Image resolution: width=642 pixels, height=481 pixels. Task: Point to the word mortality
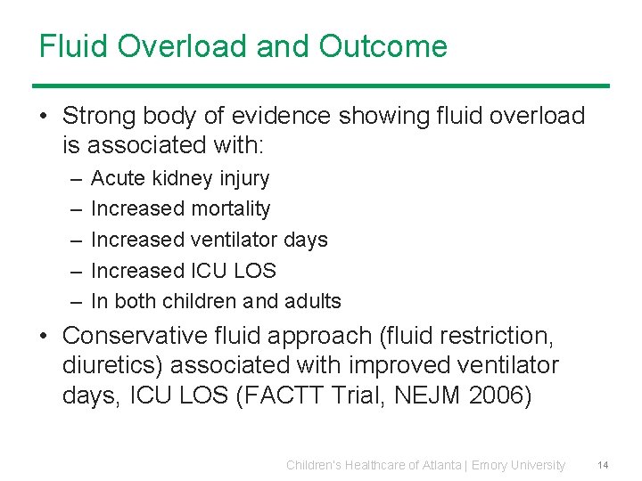pyautogui.click(x=229, y=208)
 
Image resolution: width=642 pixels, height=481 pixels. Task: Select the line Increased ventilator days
pyautogui.click(x=210, y=240)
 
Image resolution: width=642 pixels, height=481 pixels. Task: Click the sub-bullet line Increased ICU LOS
pyautogui.click(x=184, y=270)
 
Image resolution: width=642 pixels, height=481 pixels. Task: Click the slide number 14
pyautogui.click(x=603, y=465)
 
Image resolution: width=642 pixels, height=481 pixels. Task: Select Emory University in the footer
pyautogui.click(x=518, y=465)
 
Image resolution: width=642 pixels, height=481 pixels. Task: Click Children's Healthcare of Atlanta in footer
pyautogui.click(x=374, y=465)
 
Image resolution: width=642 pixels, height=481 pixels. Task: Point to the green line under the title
pyautogui.click(x=321, y=86)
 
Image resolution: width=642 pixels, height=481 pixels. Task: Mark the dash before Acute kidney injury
pyautogui.click(x=73, y=178)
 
